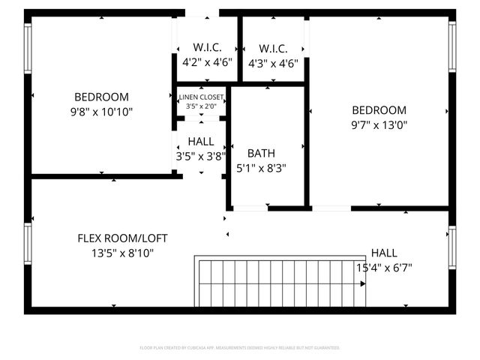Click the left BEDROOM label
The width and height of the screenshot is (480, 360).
pos(101,97)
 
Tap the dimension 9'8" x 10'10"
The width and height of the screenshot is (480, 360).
pos(101,111)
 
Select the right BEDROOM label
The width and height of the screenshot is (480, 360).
pos(379,109)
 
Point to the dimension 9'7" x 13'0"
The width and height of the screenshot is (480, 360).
pos(379,124)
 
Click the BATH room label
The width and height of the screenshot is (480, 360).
pos(261,153)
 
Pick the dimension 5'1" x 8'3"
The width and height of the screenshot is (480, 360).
pos(261,168)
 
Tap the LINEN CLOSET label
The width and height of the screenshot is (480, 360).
pos(201,97)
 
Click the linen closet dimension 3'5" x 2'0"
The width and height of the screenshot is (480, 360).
pos(201,106)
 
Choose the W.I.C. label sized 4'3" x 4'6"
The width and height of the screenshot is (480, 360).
pos(273,46)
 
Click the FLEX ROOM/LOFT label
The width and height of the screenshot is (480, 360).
pos(122,238)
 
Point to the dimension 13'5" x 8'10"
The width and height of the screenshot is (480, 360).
pos(122,253)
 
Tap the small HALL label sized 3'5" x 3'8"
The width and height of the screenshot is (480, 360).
pos(201,141)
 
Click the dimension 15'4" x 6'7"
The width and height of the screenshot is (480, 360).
pos(384,267)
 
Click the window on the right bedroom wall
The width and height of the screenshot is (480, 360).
pos(452,46)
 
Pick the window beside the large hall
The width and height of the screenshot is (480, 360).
pos(452,248)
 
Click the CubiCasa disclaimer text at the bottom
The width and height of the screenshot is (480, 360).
pos(240,348)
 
